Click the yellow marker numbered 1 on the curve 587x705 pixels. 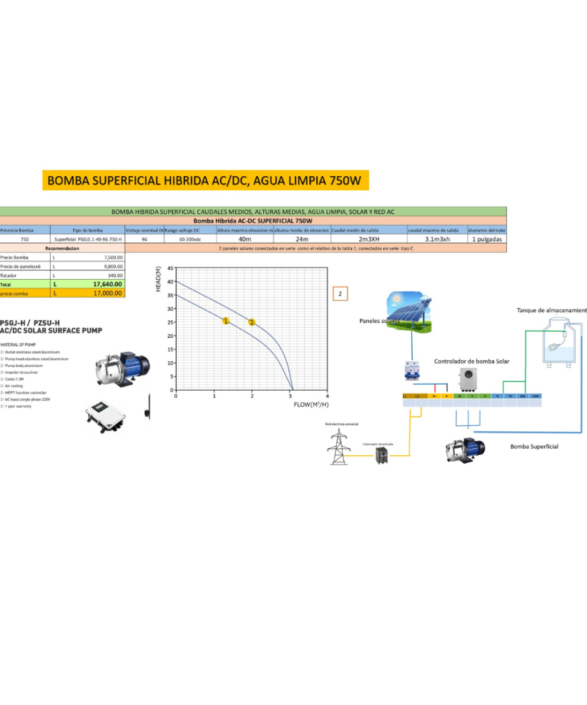[225, 320]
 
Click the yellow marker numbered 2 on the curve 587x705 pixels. [252, 322]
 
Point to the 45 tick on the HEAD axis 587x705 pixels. [170, 268]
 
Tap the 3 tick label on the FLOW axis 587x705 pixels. [290, 397]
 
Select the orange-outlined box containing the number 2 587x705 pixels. [340, 293]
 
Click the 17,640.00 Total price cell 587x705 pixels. [108, 284]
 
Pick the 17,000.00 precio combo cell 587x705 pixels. [108, 293]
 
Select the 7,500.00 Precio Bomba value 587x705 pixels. [113, 257]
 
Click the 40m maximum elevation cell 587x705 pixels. [245, 239]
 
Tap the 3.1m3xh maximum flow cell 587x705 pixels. [437, 239]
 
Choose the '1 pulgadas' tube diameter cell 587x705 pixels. [486, 239]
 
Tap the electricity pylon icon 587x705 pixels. [338, 444]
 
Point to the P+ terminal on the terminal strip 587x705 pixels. [435, 397]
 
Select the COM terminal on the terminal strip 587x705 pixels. [534, 397]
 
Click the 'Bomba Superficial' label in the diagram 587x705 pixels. [534, 446]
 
